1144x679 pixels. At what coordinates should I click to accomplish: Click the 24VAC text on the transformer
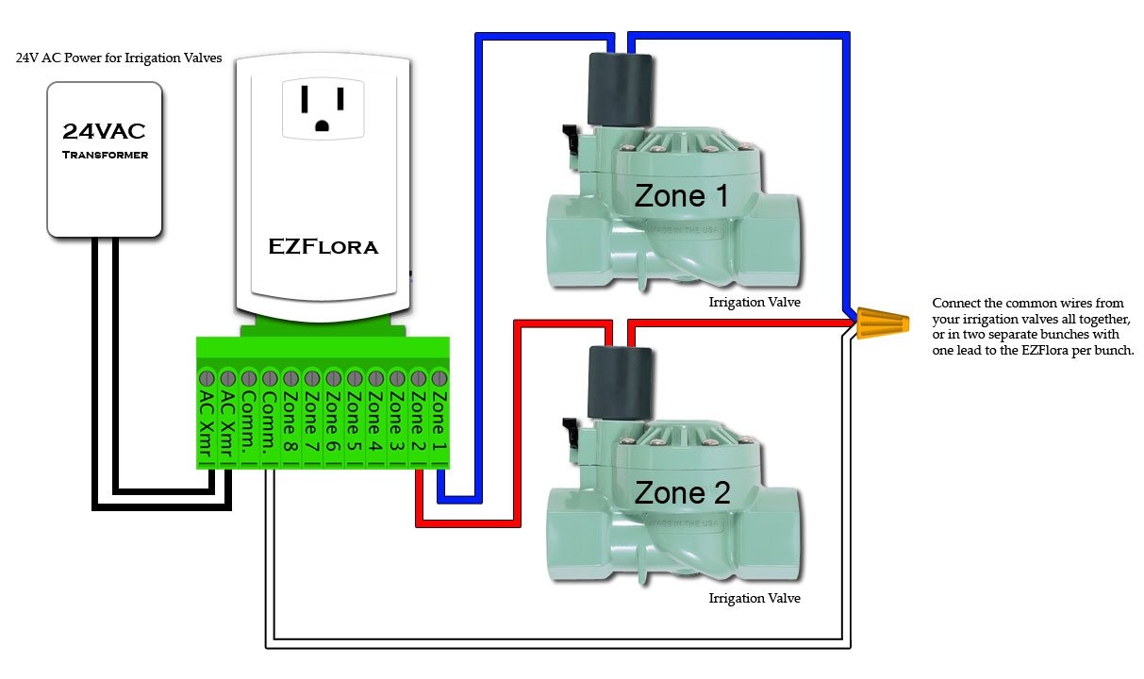point(105,131)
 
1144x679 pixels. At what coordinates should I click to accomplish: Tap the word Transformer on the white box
point(105,155)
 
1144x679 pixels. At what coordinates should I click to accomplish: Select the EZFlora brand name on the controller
point(323,247)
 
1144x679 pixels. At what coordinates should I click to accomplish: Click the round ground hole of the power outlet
point(323,124)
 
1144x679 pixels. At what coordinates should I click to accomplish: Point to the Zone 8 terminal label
point(290,424)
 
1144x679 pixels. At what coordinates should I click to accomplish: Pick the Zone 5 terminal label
point(354,424)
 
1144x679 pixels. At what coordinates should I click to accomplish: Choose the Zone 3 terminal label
point(397,424)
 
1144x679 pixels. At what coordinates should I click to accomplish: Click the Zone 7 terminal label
point(311,424)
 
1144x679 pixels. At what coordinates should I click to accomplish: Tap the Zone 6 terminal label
point(332,424)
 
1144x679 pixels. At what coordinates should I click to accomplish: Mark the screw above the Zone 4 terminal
point(375,378)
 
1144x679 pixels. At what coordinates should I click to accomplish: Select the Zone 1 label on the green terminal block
point(439,424)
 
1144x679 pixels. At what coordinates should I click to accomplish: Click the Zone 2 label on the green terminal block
point(419,424)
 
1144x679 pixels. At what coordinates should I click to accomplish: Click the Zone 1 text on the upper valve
point(681,196)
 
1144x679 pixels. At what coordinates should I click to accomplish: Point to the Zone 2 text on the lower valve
point(681,492)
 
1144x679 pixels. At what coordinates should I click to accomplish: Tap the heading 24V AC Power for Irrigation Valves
point(119,58)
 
